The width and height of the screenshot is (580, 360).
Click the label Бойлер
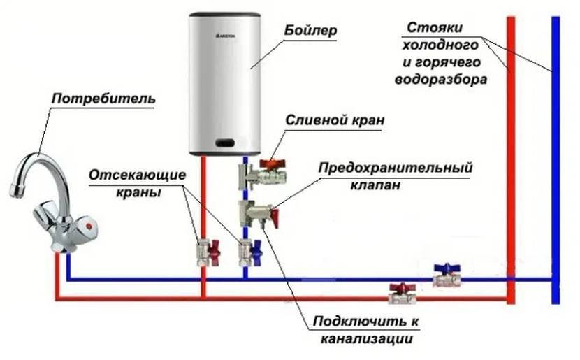pos(311,31)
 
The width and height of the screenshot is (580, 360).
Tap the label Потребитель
pos(103,100)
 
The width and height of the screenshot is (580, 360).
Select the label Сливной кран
pos(335,120)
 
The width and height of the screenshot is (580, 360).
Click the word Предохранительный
pos(396,168)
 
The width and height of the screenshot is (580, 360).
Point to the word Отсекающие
pos(138,174)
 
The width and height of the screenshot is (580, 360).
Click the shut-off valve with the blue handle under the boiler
pos(247,251)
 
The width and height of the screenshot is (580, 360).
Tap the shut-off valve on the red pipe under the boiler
pos(203,250)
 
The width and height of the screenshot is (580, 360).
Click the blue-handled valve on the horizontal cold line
pos(445,275)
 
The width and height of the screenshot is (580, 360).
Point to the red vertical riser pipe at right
pos(511,175)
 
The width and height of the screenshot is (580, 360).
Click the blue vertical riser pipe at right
pos(555,175)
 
